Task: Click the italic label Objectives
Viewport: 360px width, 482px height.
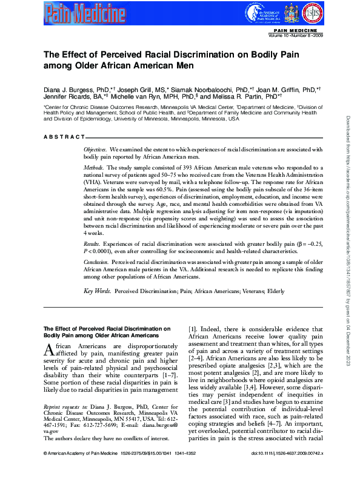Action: (x=95, y=148)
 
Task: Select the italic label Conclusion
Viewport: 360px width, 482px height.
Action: (x=96, y=263)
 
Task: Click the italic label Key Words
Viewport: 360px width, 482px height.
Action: (x=97, y=291)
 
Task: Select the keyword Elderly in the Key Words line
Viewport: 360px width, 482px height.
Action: (x=275, y=291)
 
